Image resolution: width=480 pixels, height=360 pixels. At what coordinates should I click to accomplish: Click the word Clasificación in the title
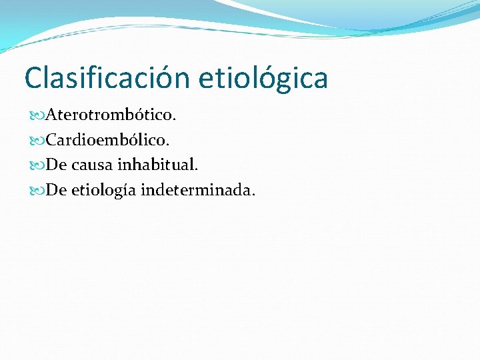click(107, 78)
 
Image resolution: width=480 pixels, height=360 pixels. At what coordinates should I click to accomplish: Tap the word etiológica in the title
click(263, 78)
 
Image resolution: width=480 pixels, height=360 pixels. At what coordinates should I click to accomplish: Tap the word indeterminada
click(206, 191)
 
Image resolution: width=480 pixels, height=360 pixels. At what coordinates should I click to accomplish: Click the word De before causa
click(57, 165)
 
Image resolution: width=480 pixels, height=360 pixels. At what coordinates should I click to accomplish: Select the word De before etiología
click(57, 191)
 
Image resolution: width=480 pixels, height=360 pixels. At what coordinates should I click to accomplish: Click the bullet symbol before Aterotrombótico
click(37, 116)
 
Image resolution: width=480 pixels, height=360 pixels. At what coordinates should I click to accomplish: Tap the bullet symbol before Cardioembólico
click(37, 141)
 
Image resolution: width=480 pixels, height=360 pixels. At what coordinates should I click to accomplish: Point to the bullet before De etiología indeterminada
click(37, 191)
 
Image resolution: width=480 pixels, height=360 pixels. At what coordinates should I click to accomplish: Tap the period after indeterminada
click(252, 195)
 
